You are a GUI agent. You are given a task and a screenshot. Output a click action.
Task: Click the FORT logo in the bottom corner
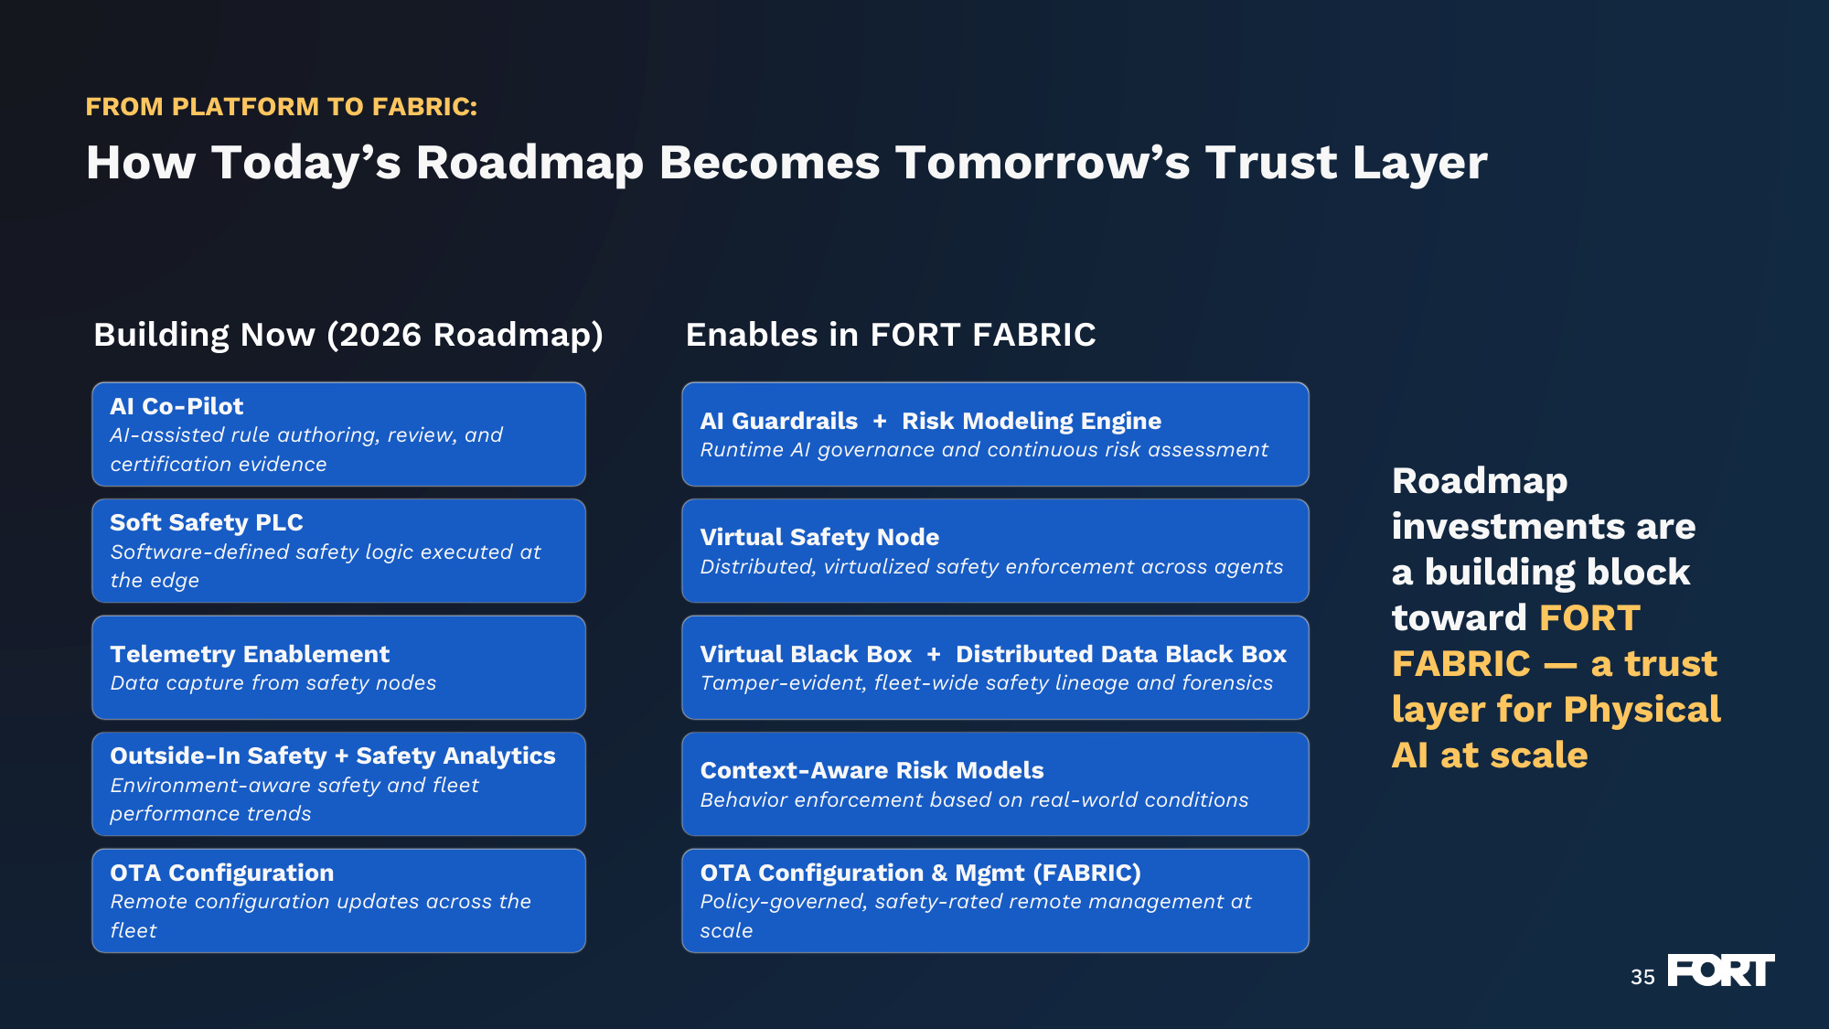pyautogui.click(x=1720, y=970)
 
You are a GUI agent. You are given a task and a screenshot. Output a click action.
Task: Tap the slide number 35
pyautogui.click(x=1642, y=977)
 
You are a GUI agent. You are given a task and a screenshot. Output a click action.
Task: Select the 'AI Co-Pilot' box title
pyautogui.click(x=176, y=406)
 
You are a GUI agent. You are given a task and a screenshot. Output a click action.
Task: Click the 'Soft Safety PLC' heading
pyautogui.click(x=207, y=522)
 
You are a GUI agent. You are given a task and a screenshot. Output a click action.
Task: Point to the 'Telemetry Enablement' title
pyautogui.click(x=250, y=654)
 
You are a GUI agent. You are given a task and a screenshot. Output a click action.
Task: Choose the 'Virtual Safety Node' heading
pyautogui.click(x=819, y=537)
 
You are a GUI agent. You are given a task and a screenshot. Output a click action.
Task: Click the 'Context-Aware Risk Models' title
pyautogui.click(x=872, y=770)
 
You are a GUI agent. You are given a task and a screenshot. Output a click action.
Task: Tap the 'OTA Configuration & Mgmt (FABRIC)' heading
pyautogui.click(x=920, y=873)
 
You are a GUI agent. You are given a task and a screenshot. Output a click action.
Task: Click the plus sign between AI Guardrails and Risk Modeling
pyautogui.click(x=880, y=421)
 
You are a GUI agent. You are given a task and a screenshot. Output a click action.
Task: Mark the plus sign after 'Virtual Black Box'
pyautogui.click(x=934, y=654)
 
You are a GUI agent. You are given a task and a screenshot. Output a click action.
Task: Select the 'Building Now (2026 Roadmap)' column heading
pyautogui.click(x=348, y=335)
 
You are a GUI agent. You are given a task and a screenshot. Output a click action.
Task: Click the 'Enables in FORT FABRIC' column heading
pyautogui.click(x=891, y=335)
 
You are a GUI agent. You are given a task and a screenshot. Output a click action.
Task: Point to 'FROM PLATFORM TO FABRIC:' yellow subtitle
pyautogui.click(x=282, y=107)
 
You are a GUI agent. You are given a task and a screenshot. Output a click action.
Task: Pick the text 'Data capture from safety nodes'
pyautogui.click(x=273, y=682)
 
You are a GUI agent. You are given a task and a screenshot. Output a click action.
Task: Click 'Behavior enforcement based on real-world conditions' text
pyautogui.click(x=974, y=799)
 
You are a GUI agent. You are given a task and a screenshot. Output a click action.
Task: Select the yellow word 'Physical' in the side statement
pyautogui.click(x=1642, y=710)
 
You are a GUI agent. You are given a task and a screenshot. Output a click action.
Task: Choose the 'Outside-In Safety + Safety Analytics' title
pyautogui.click(x=333, y=756)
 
